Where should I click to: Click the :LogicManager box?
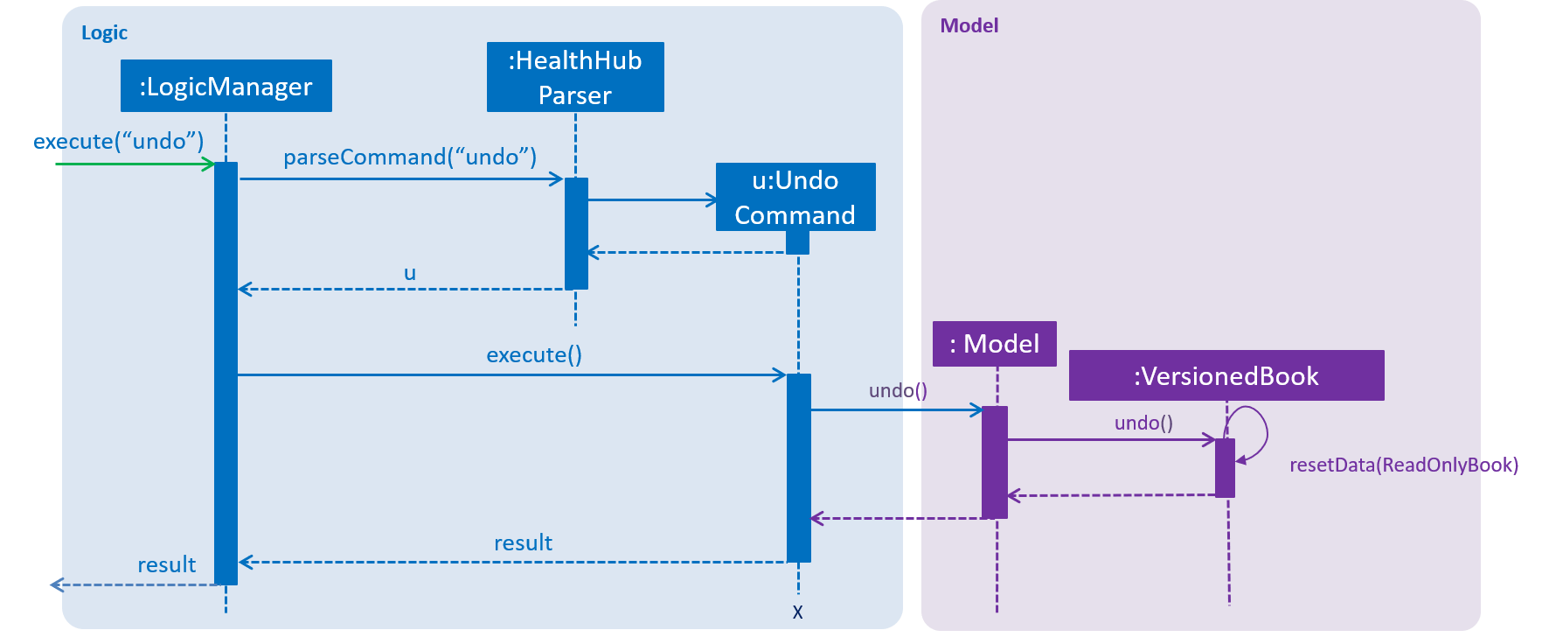click(x=226, y=86)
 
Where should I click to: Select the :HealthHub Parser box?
click(x=575, y=77)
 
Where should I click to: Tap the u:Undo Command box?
click(x=795, y=197)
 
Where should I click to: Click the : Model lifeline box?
click(x=995, y=344)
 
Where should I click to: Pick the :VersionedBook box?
click(x=1226, y=375)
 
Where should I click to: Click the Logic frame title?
click(x=104, y=33)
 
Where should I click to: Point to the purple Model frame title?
click(x=969, y=25)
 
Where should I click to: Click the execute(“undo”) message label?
click(x=118, y=141)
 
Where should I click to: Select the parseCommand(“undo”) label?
click(x=410, y=157)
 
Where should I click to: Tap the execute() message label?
click(x=534, y=354)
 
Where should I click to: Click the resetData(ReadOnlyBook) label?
click(x=1404, y=465)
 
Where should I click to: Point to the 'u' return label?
click(x=410, y=273)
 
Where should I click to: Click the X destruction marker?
click(x=797, y=612)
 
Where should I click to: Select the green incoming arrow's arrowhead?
click(x=210, y=164)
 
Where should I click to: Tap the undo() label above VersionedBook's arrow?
click(x=1143, y=423)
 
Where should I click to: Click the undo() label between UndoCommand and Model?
click(x=898, y=390)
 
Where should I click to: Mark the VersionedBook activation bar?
click(x=1225, y=468)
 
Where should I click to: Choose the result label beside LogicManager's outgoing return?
click(x=167, y=564)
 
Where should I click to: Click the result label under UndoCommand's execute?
click(x=523, y=542)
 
